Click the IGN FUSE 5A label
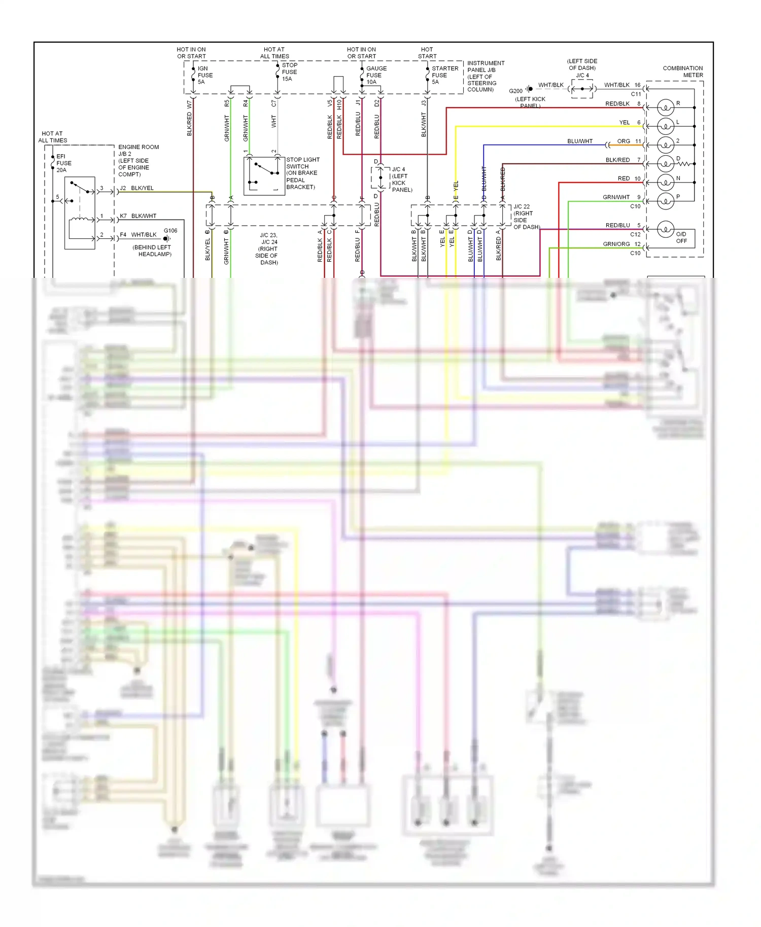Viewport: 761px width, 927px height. [x=204, y=75]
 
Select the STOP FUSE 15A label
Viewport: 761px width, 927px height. [x=289, y=72]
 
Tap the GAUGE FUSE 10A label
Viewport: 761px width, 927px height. [x=376, y=75]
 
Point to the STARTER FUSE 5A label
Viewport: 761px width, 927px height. [x=444, y=75]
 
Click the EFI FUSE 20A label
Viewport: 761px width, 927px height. [x=63, y=163]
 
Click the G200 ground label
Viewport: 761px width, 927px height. [x=515, y=91]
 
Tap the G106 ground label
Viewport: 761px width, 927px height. [x=170, y=231]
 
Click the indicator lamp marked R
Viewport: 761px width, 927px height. [x=665, y=108]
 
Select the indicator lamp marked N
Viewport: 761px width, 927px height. [x=665, y=182]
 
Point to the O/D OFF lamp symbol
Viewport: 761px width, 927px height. [x=665, y=229]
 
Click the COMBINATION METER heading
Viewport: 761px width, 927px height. [x=682, y=72]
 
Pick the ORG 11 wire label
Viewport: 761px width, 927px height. [x=629, y=141]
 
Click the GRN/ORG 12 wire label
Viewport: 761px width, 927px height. [x=621, y=244]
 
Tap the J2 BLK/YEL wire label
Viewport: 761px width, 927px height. [x=136, y=188]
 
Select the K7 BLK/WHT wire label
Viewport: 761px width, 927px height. [x=138, y=216]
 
